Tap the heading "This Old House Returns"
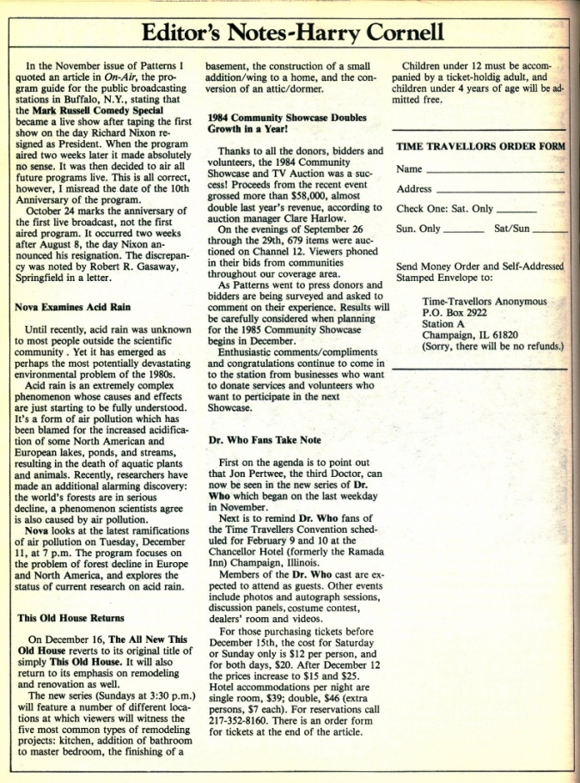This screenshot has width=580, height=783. pyautogui.click(x=70, y=617)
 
